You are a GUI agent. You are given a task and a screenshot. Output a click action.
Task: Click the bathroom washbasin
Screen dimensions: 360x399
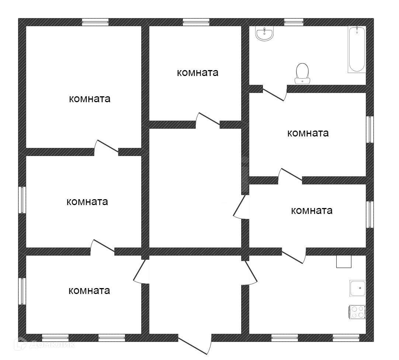pos(264,34)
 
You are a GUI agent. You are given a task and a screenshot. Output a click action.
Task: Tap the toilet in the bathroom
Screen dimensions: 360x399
pos(302,73)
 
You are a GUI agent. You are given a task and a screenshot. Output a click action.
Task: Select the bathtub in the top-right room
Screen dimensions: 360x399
pos(357,49)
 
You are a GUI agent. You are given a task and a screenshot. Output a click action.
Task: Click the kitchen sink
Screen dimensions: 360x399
pos(358,288)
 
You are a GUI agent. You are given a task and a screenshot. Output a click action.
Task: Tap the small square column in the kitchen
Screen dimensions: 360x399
pos(344,261)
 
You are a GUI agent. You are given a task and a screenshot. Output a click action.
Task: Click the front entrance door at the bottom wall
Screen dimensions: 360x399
pos(195,345)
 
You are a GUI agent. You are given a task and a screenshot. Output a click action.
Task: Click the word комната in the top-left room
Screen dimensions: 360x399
pos(90,99)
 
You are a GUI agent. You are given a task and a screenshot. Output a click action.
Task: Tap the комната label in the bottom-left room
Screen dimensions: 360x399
pos(89,291)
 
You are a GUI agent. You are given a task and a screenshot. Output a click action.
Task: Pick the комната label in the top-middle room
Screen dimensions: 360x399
pos(198,73)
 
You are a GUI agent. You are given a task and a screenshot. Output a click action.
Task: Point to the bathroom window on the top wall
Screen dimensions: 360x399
pos(294,22)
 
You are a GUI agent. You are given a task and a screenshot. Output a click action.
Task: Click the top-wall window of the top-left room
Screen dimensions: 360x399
pos(95,22)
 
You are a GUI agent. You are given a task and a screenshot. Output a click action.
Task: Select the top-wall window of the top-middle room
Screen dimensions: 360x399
pos(196,22)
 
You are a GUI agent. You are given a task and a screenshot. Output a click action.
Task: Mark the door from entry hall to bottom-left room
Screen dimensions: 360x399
pos(140,271)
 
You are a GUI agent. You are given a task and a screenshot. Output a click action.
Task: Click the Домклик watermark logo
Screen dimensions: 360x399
pos(45,345)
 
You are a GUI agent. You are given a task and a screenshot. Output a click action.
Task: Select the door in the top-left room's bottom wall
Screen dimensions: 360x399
pos(107,147)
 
